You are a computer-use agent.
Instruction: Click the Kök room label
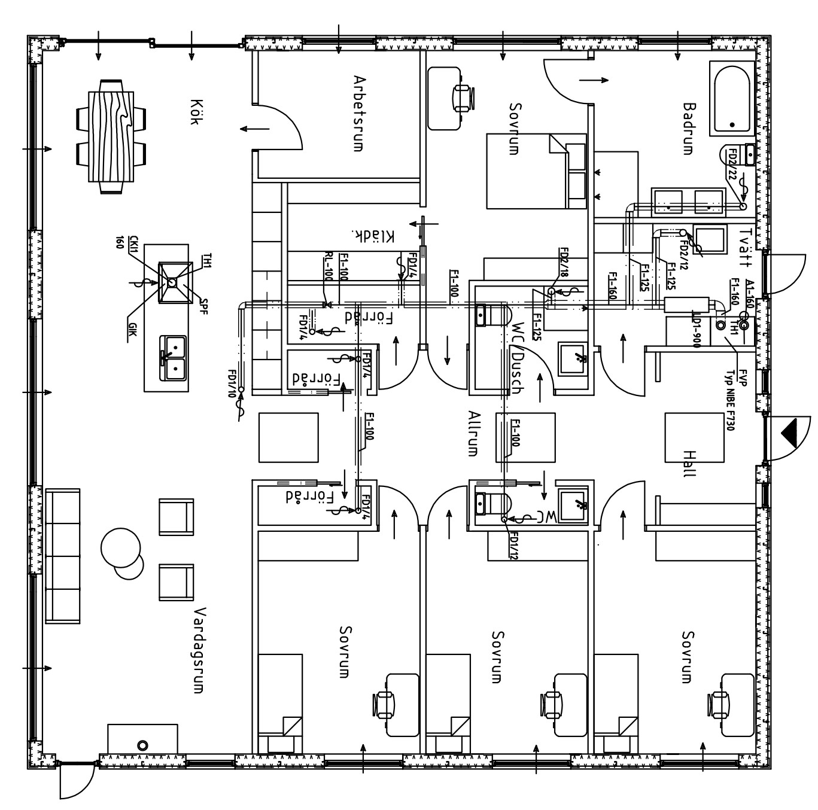[193, 112]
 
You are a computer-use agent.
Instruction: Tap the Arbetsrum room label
[358, 113]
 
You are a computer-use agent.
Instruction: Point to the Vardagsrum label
[200, 650]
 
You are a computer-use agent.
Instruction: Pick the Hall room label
[689, 464]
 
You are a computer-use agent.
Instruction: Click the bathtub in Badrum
[731, 98]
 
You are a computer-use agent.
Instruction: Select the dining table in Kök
[111, 136]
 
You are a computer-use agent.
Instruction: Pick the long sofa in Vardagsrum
[63, 556]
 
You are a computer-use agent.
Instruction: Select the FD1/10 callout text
[231, 383]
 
